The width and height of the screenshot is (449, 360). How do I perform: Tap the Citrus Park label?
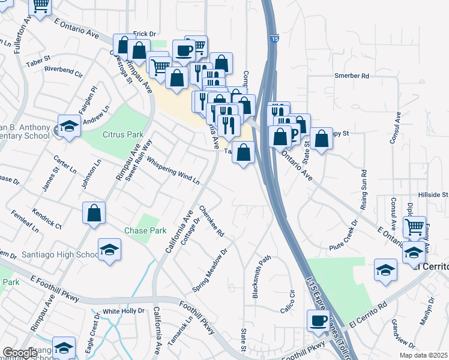123,134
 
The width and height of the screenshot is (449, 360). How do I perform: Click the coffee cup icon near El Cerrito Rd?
318,320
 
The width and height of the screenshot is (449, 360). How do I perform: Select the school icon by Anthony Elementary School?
69,126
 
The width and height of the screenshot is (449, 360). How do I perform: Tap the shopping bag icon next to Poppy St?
322,139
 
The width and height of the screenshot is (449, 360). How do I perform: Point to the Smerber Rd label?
352,76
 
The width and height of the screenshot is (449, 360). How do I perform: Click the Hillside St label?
433,195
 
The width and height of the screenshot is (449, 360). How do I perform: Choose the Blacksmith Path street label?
262,277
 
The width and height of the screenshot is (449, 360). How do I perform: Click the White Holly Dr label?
124,311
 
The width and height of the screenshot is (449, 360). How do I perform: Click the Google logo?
19,353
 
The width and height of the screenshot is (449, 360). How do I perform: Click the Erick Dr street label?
144,34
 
